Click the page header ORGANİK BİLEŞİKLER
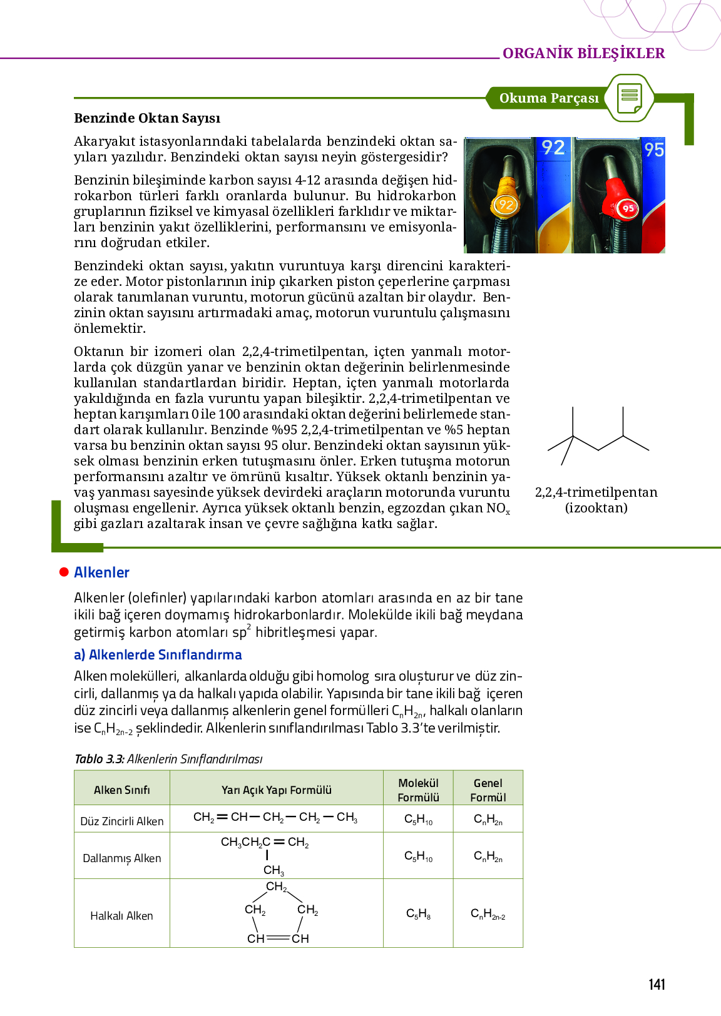[x=583, y=53]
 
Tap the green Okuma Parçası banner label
[x=549, y=98]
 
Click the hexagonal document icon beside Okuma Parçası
[x=630, y=98]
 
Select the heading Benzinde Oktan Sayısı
[x=147, y=118]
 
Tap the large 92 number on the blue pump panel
[x=553, y=148]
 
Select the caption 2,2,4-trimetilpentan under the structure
[x=596, y=492]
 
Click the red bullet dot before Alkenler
[x=64, y=572]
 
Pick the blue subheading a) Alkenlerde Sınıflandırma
[x=158, y=655]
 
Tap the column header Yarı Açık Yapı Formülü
[x=277, y=790]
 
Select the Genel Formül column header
[x=488, y=790]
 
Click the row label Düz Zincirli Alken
[x=122, y=821]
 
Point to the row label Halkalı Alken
[x=121, y=916]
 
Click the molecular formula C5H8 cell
[x=418, y=914]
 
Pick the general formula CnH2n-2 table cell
[x=488, y=914]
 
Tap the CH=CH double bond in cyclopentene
[x=278, y=938]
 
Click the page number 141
[x=657, y=985]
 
